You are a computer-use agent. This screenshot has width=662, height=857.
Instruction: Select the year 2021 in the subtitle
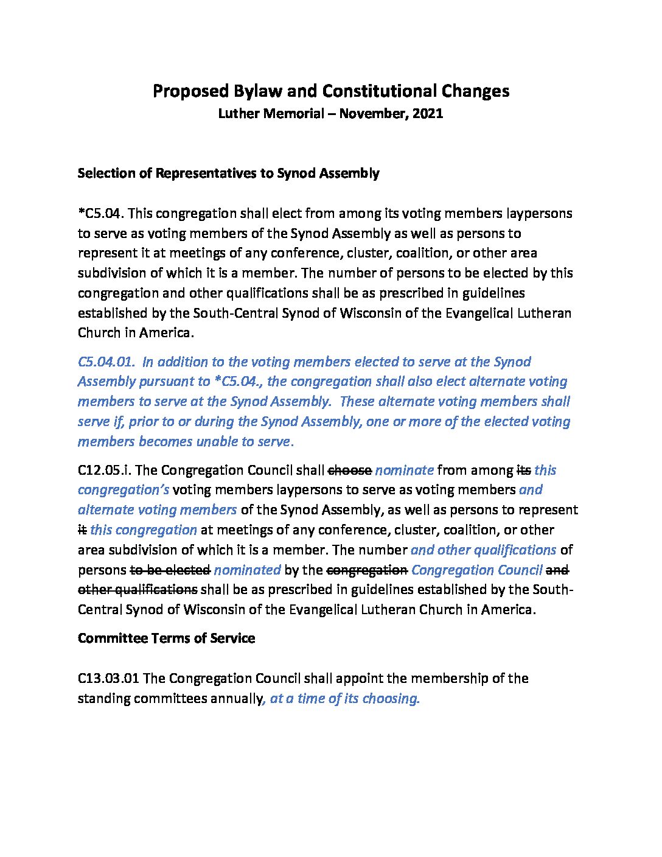[x=427, y=113]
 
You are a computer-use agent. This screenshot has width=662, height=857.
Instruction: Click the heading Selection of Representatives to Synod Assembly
[x=228, y=173]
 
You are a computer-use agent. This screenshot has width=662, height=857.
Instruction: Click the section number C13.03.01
[x=109, y=679]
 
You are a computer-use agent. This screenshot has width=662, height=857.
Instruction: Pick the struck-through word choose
[x=350, y=470]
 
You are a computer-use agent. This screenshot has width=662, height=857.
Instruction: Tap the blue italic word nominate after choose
[x=405, y=470]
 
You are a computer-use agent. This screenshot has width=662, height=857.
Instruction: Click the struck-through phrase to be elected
[x=170, y=570]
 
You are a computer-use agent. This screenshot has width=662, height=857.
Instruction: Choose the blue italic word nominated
[x=247, y=570]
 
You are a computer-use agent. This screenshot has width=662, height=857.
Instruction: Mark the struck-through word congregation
[x=368, y=570]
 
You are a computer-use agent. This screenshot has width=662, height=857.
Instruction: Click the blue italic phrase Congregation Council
[x=477, y=570]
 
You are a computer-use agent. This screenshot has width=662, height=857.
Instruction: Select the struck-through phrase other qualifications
[x=138, y=590]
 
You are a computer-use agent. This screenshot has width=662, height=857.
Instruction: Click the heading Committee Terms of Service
[x=166, y=638]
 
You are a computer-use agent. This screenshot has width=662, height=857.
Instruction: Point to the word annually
[x=236, y=699]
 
